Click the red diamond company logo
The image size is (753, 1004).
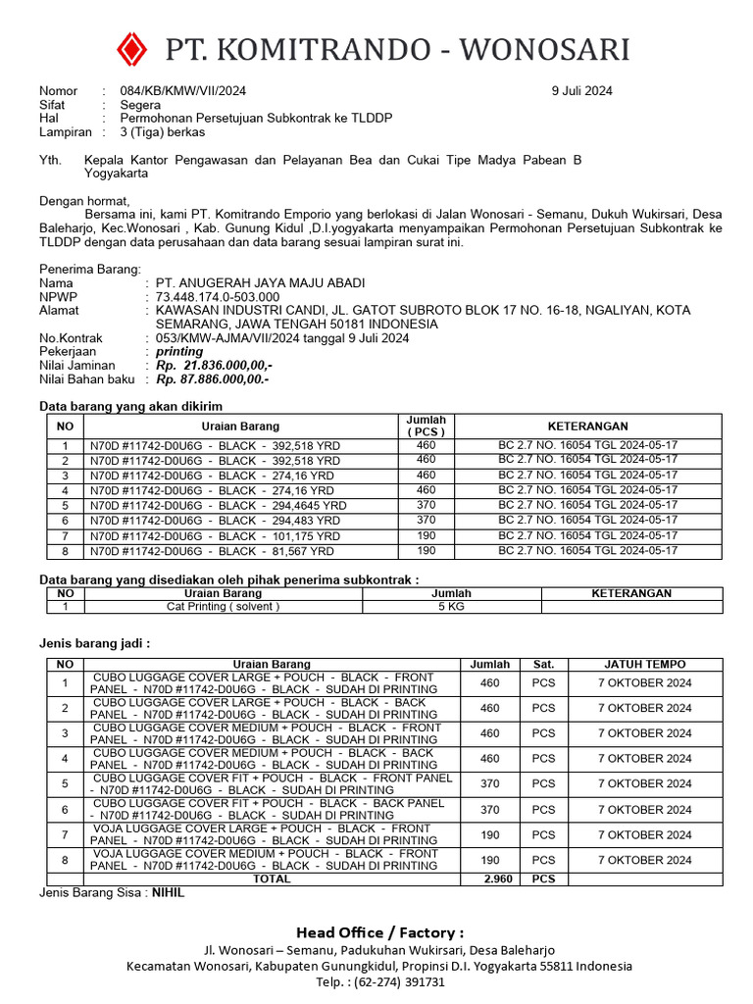(x=130, y=48)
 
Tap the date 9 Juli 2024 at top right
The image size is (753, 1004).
(x=581, y=91)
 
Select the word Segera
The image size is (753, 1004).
(x=141, y=104)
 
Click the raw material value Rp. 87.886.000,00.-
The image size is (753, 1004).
(x=212, y=378)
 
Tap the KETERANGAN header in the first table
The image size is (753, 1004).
(x=587, y=427)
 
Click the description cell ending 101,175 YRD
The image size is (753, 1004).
(x=215, y=536)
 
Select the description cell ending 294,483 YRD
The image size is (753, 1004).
(x=215, y=521)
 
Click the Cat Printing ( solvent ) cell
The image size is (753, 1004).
(x=223, y=607)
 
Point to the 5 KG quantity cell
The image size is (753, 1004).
(x=451, y=607)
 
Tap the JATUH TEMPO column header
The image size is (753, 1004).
(x=644, y=664)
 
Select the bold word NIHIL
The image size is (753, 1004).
(x=168, y=893)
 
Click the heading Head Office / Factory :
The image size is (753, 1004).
(x=380, y=932)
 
